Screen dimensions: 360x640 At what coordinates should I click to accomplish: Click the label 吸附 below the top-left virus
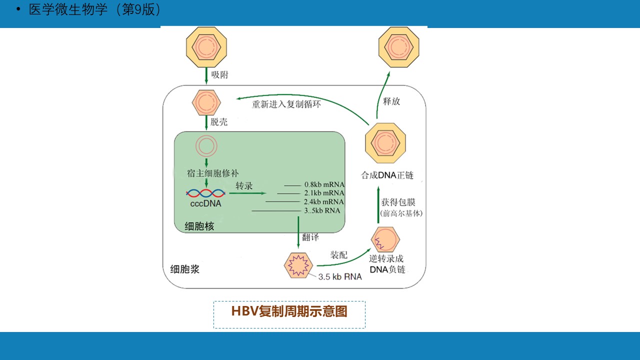(x=220, y=75)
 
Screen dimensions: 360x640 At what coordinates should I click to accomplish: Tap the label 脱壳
(x=219, y=122)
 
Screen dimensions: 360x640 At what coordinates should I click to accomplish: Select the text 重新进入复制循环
(x=286, y=104)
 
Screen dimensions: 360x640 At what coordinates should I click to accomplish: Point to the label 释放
(x=391, y=101)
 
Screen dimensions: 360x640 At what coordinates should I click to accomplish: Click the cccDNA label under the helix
(x=205, y=204)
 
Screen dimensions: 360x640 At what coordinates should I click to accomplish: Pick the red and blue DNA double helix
(x=205, y=193)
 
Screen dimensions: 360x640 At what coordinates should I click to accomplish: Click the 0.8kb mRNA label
(x=324, y=184)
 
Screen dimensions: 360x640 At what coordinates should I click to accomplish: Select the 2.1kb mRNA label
(x=324, y=193)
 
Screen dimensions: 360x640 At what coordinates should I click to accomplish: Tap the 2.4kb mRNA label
(x=324, y=201)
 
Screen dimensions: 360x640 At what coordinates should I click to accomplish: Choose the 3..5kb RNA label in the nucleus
(x=322, y=210)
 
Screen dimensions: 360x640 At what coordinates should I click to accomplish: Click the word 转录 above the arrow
(x=244, y=186)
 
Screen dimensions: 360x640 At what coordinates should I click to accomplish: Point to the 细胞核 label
(x=199, y=226)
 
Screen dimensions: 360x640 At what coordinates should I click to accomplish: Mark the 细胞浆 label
(x=185, y=269)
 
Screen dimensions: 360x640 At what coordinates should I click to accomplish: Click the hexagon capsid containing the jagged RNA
(x=298, y=264)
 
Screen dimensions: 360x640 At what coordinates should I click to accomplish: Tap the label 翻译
(x=310, y=237)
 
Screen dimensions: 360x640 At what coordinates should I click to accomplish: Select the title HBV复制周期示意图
(x=289, y=311)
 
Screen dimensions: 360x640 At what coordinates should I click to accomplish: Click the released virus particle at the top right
(x=398, y=47)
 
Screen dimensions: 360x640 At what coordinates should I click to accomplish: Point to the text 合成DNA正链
(x=387, y=175)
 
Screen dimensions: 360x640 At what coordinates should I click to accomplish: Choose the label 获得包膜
(x=398, y=202)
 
